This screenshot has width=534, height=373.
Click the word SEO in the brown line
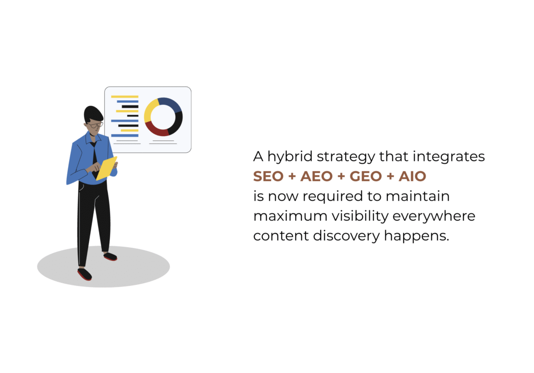pos(269,176)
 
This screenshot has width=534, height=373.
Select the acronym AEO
pos(317,176)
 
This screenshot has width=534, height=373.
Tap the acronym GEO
pos(366,176)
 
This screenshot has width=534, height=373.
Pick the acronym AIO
pos(412,176)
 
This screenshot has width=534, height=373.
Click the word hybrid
pos(290,157)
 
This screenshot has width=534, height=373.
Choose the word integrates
pos(448,157)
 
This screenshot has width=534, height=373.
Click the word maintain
pos(418,196)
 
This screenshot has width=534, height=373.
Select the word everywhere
pos(434,216)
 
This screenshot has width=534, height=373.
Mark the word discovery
pos(346,236)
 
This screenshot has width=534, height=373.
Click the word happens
pos(417,236)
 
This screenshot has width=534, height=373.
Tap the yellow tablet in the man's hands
pos(106,168)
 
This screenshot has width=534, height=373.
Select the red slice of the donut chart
pos(156,129)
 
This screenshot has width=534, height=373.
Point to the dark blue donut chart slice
pos(171,104)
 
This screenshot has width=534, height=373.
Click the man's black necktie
pos(94,160)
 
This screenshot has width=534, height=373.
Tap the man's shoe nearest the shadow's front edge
pos(84,274)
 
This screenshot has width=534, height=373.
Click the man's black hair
pos(92,114)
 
